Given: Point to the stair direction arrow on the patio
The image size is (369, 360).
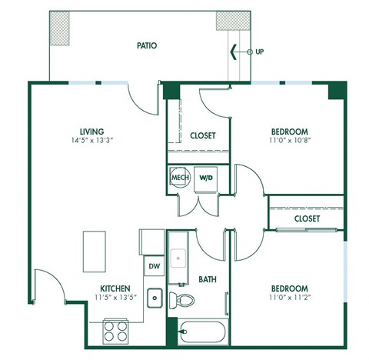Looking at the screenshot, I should click(233, 52).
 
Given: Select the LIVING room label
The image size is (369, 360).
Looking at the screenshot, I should click(91, 132).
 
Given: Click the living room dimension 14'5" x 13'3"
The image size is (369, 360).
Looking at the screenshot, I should click(91, 142).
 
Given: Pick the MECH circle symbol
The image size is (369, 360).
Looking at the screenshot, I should click(179, 178).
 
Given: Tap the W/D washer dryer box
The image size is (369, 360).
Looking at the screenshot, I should click(205, 178).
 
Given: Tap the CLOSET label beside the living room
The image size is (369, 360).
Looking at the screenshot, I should click(203, 135).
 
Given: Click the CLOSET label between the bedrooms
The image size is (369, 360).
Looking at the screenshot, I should click(305, 218).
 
